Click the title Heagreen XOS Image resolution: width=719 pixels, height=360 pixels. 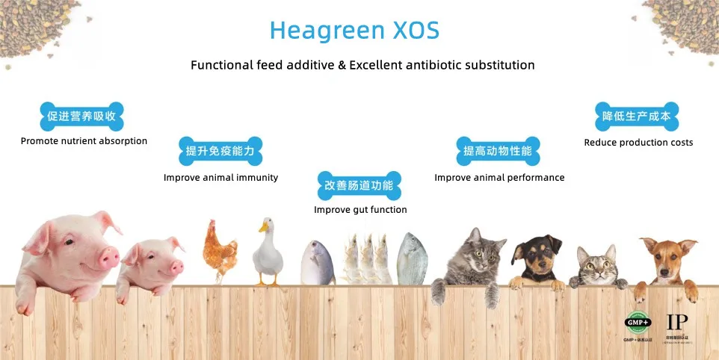click(x=354, y=31)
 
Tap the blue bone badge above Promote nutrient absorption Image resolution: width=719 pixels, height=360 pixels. click(x=81, y=117)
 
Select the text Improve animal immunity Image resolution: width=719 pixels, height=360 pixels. click(x=220, y=178)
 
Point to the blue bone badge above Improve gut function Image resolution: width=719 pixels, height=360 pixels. click(x=359, y=185)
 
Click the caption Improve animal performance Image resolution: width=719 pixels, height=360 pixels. click(x=499, y=178)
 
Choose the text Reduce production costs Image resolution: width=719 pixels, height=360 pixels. click(x=638, y=143)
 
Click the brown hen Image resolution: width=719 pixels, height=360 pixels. click(x=219, y=249)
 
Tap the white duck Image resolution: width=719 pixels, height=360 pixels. click(x=268, y=254)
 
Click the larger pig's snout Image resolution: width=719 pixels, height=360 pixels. click(x=109, y=258)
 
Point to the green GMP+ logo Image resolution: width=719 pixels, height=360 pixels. click(x=637, y=323)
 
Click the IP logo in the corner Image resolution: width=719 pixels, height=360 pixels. click(x=677, y=322)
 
